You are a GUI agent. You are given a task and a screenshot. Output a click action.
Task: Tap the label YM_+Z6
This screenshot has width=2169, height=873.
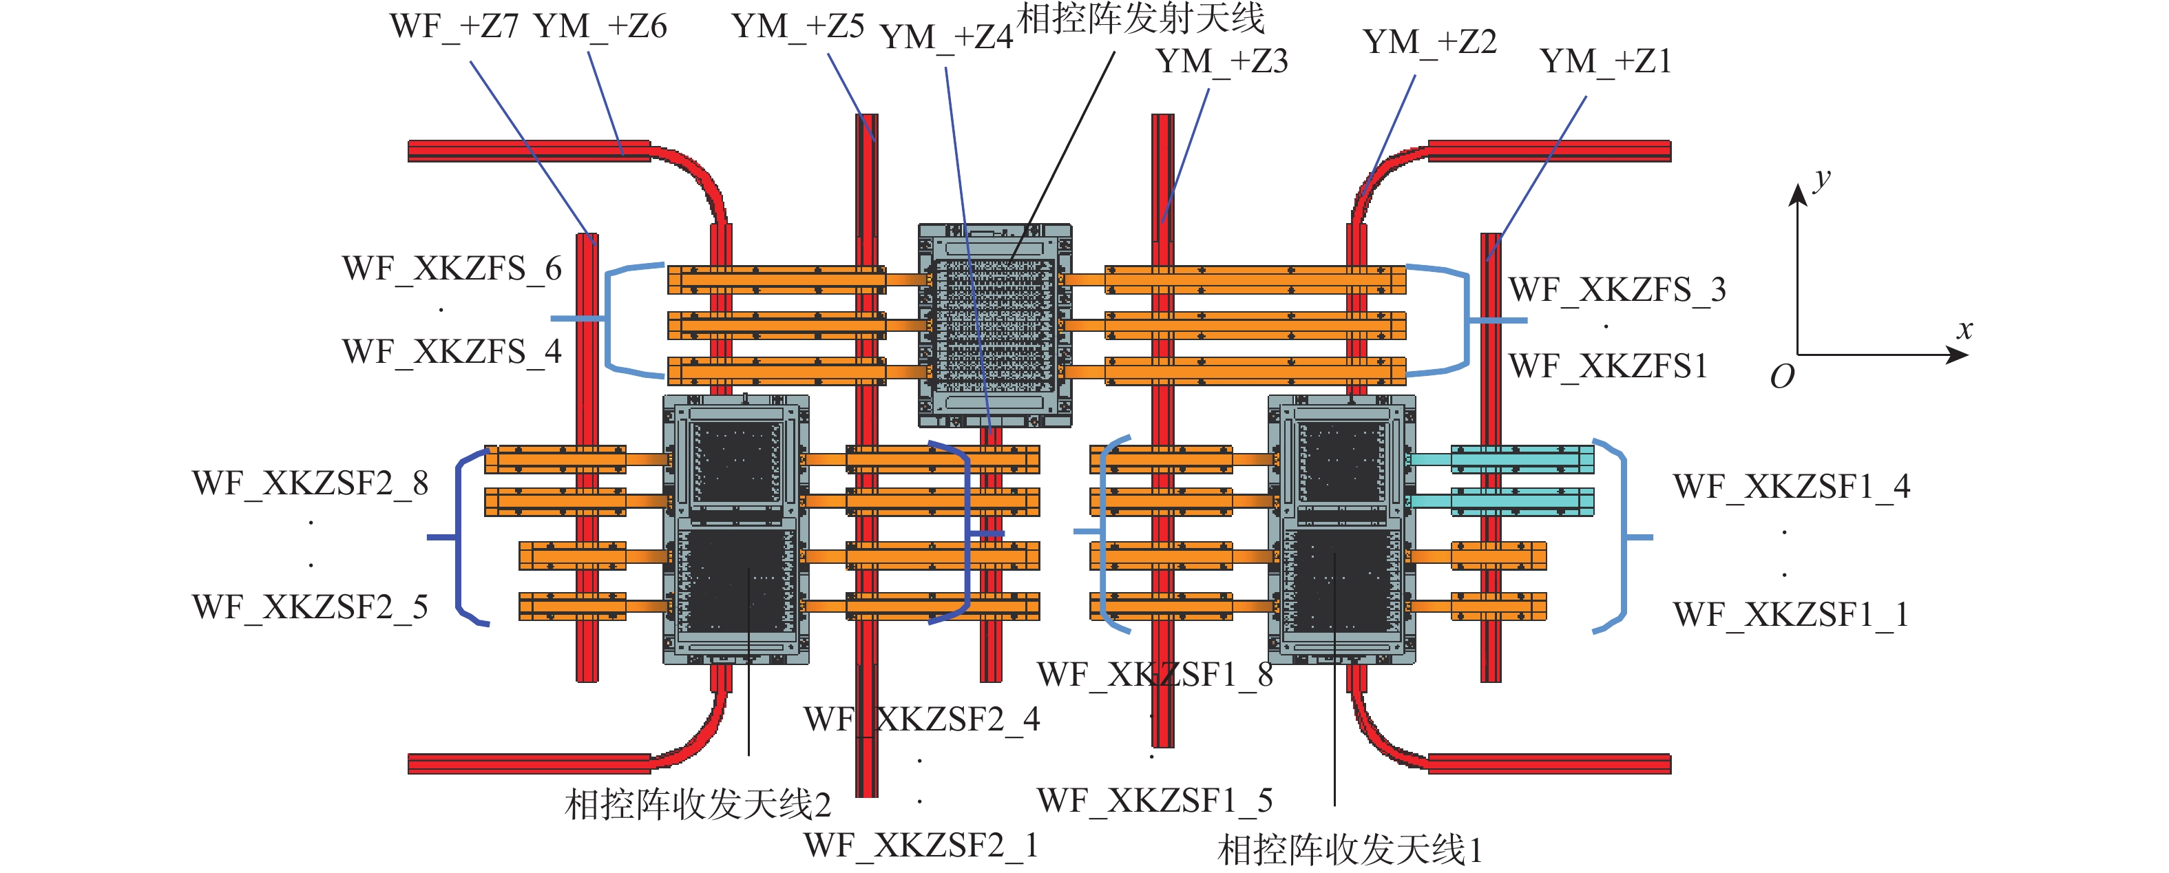click(600, 27)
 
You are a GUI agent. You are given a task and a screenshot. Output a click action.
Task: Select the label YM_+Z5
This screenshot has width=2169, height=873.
click(797, 27)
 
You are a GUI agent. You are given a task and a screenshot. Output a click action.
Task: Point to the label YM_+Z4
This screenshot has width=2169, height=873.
click(945, 38)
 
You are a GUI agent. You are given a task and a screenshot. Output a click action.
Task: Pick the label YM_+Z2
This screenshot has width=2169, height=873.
click(1429, 42)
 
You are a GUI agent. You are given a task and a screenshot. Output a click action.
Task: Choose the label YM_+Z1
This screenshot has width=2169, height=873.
click(1605, 61)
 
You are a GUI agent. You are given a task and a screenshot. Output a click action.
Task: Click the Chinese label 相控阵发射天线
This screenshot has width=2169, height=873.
click(1141, 19)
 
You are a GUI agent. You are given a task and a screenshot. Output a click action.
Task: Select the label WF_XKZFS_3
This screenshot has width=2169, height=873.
click(1617, 290)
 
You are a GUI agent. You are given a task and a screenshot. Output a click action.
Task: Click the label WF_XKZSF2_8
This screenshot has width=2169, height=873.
click(310, 483)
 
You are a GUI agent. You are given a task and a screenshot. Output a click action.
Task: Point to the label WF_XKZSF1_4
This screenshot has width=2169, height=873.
click(1791, 487)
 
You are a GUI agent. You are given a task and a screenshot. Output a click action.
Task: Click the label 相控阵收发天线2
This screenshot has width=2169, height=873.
click(697, 804)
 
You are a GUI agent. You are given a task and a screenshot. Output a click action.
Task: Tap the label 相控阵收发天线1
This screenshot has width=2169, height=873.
click(1350, 850)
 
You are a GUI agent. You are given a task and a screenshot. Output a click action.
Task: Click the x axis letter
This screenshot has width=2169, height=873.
click(1964, 329)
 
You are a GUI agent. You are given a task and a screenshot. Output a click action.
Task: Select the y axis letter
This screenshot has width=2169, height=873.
click(1821, 178)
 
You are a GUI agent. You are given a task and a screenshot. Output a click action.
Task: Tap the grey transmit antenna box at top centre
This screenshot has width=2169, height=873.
click(994, 325)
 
